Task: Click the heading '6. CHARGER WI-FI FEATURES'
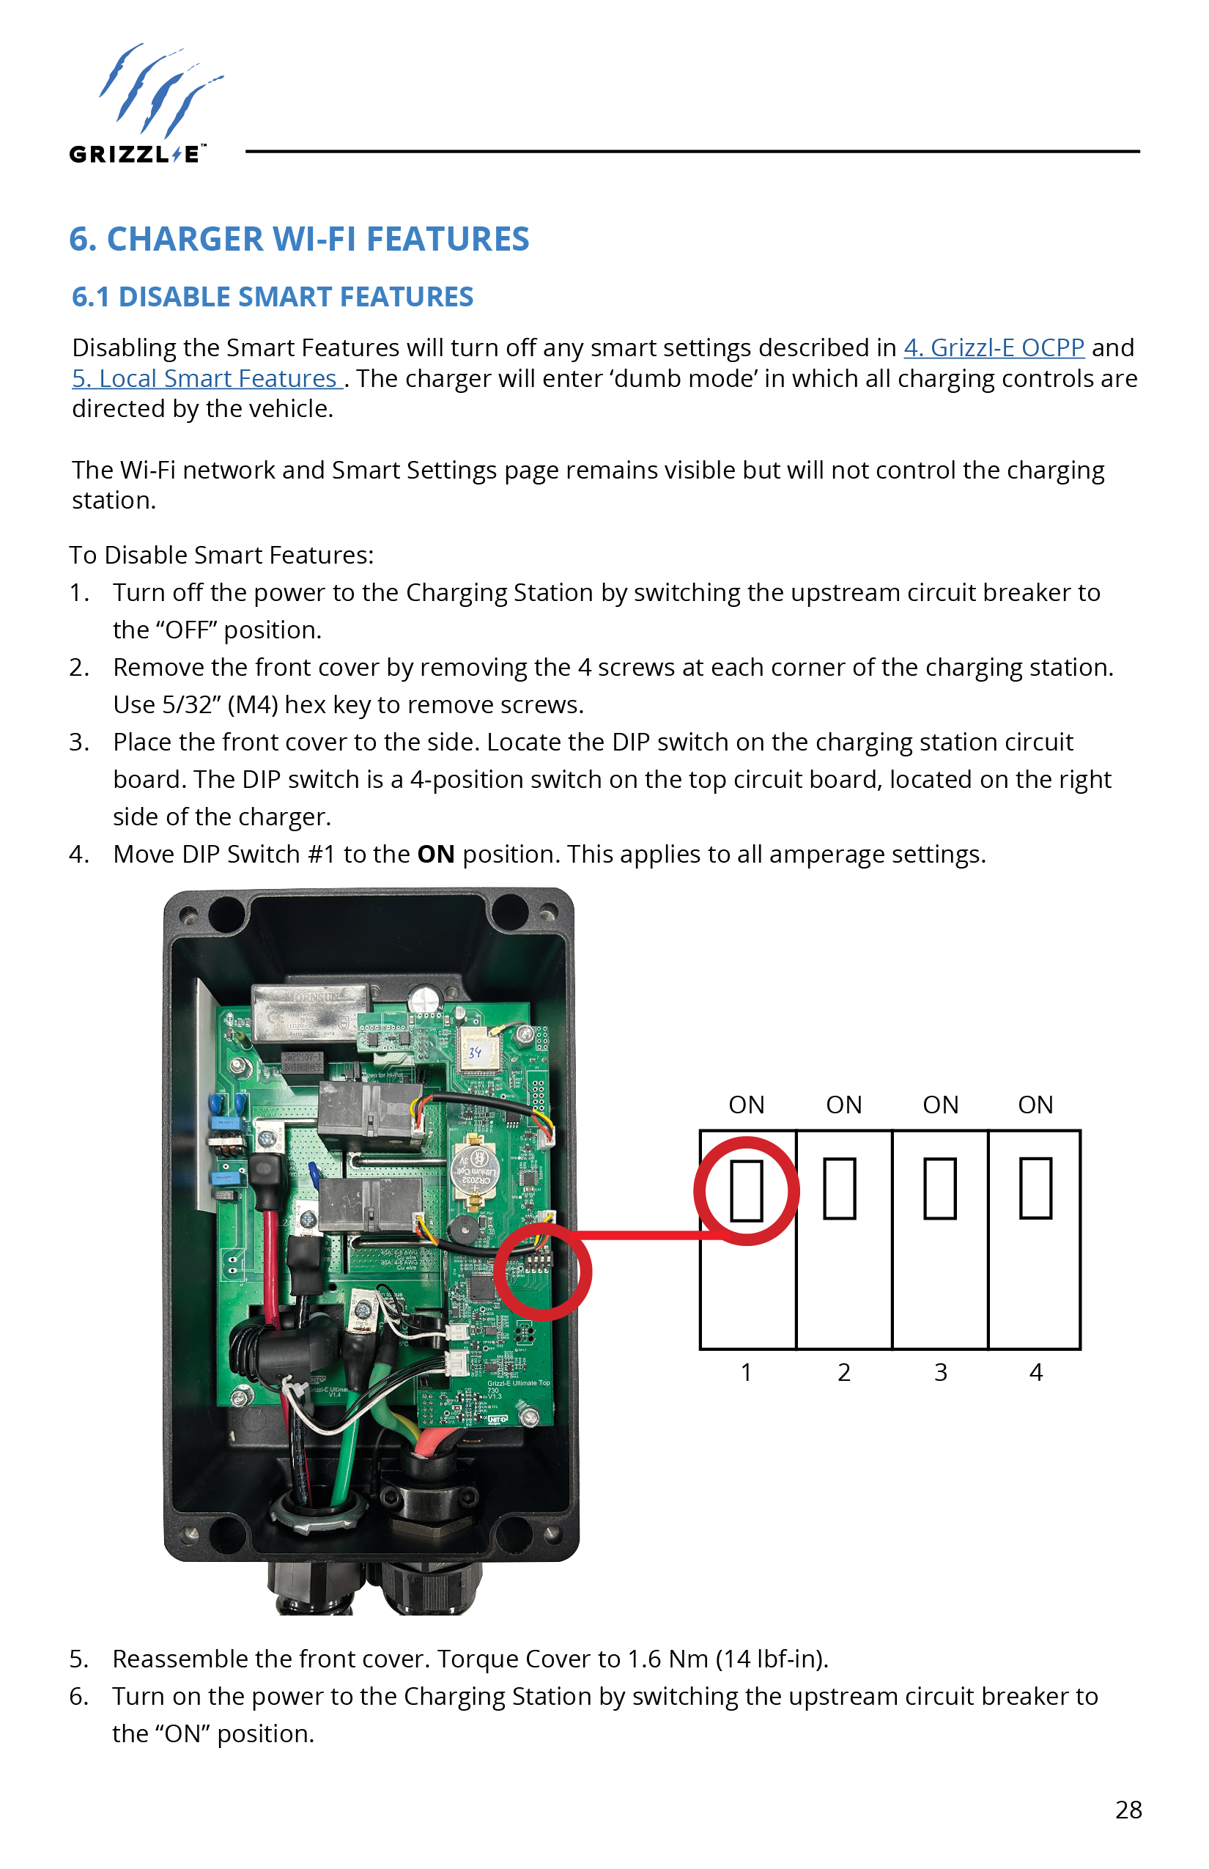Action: [299, 240]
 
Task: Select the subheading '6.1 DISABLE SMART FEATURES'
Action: [273, 297]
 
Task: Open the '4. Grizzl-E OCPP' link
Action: [993, 348]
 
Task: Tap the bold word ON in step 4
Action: [436, 855]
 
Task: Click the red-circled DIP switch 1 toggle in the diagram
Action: [746, 1190]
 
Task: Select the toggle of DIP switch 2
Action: [839, 1189]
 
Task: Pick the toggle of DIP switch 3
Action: [939, 1189]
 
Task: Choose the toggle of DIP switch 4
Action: [1035, 1189]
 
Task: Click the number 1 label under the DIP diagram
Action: [746, 1373]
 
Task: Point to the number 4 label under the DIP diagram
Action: [1035, 1373]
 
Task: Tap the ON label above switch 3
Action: [941, 1105]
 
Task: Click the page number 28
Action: [1128, 1810]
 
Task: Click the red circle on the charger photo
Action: [543, 1272]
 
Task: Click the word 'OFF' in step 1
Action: [188, 630]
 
